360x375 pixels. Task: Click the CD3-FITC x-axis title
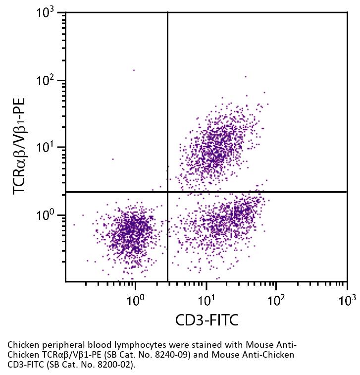(x=206, y=320)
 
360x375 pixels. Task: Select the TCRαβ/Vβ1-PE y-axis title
(x=20, y=147)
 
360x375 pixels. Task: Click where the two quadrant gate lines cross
(x=167, y=192)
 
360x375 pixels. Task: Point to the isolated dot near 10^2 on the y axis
(x=134, y=70)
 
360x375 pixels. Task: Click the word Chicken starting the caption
(x=22, y=344)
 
